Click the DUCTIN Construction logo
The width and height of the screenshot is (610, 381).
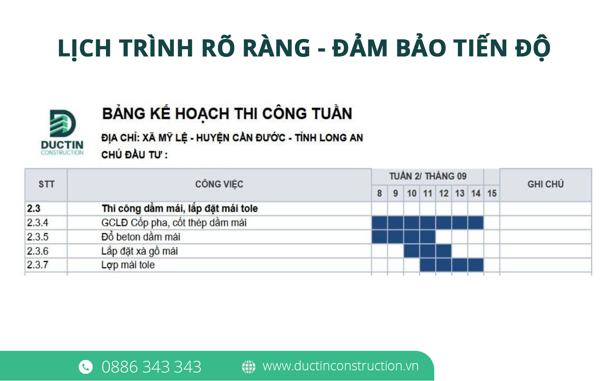63,132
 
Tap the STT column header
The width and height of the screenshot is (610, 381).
46,184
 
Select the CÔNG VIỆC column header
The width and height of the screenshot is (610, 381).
219,184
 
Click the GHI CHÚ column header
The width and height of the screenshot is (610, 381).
546,184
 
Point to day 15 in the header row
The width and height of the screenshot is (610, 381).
492,194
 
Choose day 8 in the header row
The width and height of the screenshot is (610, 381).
379,194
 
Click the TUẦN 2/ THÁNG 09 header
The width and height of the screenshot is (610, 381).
428,176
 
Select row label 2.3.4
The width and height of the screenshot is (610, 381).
37,223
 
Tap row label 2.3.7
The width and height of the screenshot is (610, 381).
37,265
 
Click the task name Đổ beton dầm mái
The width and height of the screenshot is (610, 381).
141,237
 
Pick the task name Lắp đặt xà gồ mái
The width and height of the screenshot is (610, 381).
140,251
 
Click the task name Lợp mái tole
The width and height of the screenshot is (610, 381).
128,265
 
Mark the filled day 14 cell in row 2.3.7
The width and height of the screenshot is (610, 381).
476,265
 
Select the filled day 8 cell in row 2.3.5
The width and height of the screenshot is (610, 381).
379,237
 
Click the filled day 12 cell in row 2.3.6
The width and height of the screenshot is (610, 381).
444,251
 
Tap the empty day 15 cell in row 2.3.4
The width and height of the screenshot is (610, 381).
492,223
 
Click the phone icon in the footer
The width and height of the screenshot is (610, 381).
85,366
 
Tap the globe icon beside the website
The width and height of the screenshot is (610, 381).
249,366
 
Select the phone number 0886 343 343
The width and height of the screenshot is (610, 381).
151,367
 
